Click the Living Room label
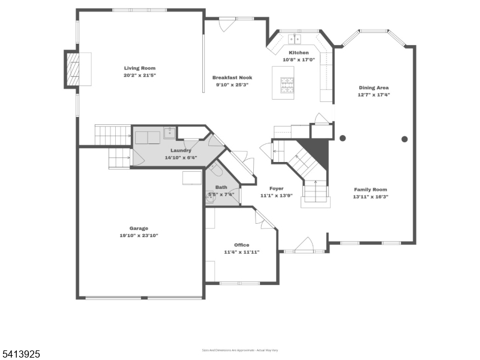coord(139,68)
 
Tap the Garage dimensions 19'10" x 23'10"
coord(139,236)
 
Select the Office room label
coord(241,245)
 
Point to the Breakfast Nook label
coord(232,77)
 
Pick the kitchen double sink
coord(295,40)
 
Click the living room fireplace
coord(73,70)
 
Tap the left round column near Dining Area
coord(343,139)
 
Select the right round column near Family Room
coord(404,139)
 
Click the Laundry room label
coord(181,150)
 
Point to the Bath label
coord(221,187)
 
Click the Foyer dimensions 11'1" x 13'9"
coord(276,196)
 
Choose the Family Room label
coord(370,189)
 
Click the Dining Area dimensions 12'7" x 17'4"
coord(373,95)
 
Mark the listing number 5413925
coord(21,355)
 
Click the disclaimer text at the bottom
coord(240,350)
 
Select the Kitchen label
coord(299,53)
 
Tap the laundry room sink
coord(170,132)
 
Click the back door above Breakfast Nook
coord(227,24)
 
